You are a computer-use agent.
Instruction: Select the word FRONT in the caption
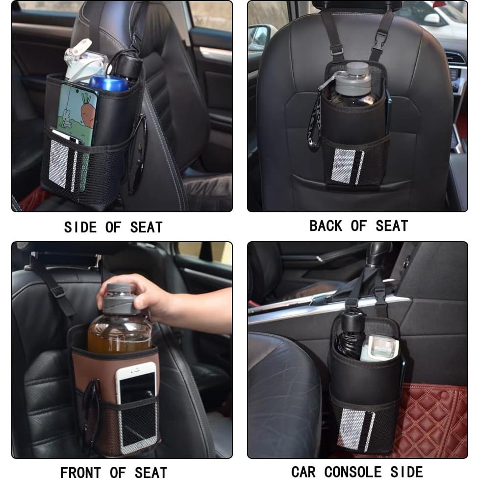tap(79, 472)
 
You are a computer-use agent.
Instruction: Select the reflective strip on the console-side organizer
tap(355, 429)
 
